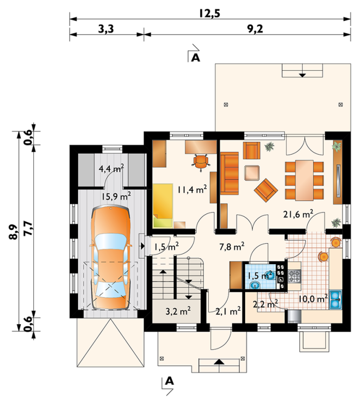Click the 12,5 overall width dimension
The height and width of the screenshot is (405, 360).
[209, 13]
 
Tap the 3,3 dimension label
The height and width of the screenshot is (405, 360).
[106, 29]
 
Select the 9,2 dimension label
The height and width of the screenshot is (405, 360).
[255, 29]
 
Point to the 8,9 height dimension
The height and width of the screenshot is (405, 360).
[14, 232]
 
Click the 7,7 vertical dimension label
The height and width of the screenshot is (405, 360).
[28, 228]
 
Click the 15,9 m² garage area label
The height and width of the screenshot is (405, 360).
[116, 196]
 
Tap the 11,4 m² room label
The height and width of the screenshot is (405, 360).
[192, 190]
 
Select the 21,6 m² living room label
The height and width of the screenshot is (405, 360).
[298, 214]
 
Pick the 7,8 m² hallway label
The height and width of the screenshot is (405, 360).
[232, 247]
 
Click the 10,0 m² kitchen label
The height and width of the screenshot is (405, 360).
[313, 299]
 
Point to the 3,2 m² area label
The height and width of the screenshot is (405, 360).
[178, 311]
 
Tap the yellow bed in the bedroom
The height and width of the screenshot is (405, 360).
[163, 205]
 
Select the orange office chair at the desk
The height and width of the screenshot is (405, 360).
[201, 162]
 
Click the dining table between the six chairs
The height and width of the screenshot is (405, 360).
[305, 180]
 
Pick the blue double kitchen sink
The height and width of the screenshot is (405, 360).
[336, 300]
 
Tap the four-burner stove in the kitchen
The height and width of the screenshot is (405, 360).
[295, 276]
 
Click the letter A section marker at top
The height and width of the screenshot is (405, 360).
[196, 58]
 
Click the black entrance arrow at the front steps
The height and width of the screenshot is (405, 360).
[219, 362]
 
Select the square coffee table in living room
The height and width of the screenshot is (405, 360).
[252, 173]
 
